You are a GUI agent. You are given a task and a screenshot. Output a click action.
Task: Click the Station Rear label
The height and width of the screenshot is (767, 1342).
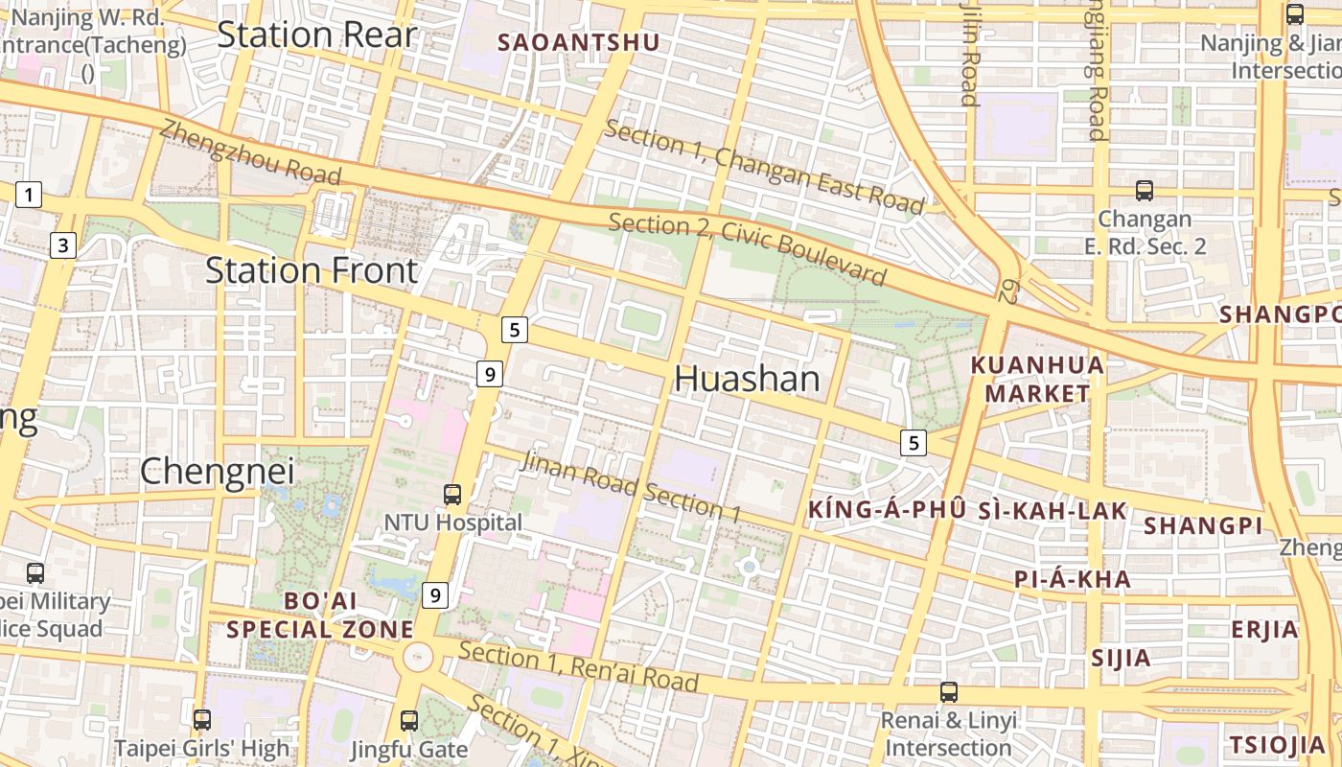316,35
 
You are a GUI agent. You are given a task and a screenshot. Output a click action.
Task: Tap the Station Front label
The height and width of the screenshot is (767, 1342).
312,271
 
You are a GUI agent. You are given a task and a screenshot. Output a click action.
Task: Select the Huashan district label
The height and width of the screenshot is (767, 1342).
748,380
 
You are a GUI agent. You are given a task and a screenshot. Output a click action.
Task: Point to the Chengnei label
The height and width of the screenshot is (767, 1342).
217,472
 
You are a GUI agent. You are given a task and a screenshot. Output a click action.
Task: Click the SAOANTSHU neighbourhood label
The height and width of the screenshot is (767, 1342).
579,42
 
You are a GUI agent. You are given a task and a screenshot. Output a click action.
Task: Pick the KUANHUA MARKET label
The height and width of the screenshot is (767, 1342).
1037,379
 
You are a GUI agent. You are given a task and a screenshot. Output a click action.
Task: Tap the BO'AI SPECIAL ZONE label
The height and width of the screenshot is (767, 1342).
320,615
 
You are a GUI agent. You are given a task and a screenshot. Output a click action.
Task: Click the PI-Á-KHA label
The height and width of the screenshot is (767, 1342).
1073,579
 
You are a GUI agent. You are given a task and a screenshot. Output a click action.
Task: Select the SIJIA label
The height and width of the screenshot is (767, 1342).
1121,659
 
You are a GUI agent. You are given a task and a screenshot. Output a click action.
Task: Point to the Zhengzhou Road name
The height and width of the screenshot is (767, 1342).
251,152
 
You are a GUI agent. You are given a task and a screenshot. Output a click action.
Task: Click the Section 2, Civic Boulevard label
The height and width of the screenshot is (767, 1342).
748,249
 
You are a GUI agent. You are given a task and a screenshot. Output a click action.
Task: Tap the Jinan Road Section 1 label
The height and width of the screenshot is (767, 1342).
631,487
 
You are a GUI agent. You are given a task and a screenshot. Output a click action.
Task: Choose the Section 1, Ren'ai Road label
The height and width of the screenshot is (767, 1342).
578,667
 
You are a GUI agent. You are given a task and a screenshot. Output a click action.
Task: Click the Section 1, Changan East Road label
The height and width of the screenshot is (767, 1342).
765,169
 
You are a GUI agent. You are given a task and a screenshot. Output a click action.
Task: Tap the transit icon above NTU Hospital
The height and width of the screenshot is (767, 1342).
452,495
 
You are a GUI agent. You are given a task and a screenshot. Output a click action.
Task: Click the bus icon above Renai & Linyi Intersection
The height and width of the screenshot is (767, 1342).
949,691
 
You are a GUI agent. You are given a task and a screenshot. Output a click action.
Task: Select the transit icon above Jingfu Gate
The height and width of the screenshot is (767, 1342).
409,720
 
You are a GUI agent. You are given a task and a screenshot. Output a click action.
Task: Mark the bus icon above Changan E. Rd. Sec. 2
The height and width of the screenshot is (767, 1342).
1144,190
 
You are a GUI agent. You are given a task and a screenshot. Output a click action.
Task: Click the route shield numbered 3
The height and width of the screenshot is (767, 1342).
63,246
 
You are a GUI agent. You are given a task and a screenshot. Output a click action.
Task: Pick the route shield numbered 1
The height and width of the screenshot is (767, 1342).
29,196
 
